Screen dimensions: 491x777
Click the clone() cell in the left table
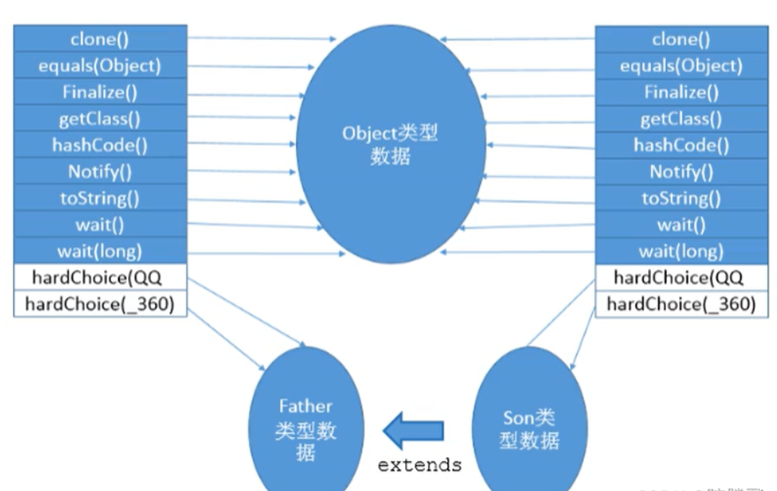tap(100, 38)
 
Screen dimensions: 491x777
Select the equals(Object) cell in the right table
tap(681, 66)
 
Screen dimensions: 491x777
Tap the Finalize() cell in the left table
tap(100, 91)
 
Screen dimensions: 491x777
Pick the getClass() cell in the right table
tap(681, 119)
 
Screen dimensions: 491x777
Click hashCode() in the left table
tap(100, 145)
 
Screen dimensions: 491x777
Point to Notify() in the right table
tap(681, 171)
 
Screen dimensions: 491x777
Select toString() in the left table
tap(100, 198)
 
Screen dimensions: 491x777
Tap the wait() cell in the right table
tap(681, 225)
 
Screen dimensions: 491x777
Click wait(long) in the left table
tap(100, 251)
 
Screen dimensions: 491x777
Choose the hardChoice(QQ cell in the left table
tap(100, 277)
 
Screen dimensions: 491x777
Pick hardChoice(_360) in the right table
tap(681, 303)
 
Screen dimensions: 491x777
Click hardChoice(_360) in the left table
tap(100, 303)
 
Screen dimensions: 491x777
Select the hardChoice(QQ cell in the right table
tap(681, 278)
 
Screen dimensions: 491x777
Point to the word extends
tap(419, 465)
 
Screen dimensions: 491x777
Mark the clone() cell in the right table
tap(681, 39)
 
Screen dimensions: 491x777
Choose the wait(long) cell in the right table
tap(681, 252)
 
